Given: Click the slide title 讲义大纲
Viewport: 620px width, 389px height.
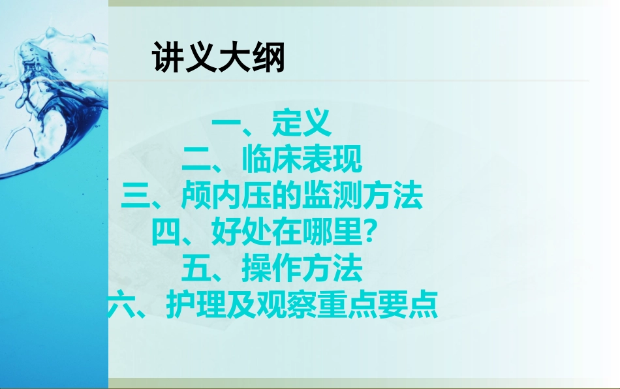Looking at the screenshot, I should click(x=219, y=59).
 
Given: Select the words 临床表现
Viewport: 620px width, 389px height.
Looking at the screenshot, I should click(x=301, y=160).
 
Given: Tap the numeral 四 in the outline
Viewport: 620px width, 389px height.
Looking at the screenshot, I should click(x=164, y=232).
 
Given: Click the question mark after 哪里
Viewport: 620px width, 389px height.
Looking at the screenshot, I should click(x=369, y=232).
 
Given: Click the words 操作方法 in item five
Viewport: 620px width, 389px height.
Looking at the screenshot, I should click(x=301, y=268).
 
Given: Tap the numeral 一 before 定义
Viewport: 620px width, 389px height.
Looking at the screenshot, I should click(x=226, y=123).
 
